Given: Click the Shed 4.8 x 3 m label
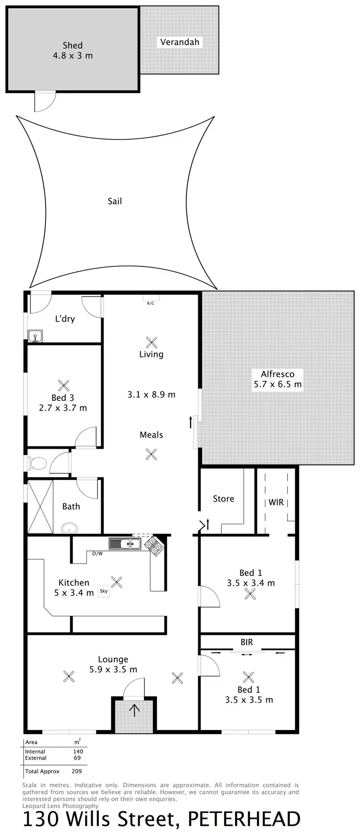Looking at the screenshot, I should [x=72, y=50].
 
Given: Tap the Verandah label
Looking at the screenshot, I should [x=180, y=42].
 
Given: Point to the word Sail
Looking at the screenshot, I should [x=115, y=201].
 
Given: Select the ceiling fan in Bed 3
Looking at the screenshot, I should [x=64, y=385].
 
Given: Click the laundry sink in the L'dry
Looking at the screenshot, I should [x=36, y=335].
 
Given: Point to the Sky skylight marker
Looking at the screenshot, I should [x=104, y=591].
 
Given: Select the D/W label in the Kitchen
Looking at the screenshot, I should [x=97, y=553].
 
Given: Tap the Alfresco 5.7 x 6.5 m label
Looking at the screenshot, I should [x=278, y=379].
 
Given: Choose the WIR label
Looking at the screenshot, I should [x=276, y=502].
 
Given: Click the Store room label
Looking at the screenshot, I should [x=224, y=499].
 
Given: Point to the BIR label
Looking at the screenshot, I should [x=247, y=642].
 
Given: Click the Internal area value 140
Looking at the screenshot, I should [x=78, y=752].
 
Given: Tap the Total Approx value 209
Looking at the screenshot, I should [x=76, y=771].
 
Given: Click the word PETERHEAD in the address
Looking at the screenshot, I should [x=244, y=819].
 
